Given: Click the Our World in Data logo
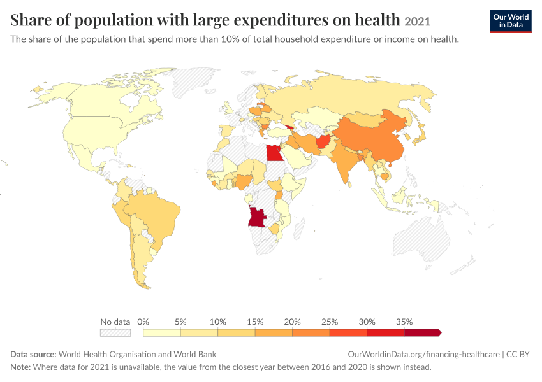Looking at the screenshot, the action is point(511,22).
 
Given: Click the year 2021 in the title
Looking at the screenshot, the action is point(417,22).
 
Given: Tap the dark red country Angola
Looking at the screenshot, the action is point(257,216).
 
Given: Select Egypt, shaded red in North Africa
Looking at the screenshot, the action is point(274,153).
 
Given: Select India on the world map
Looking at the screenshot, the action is point(342,162).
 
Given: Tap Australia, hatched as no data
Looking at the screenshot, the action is point(421,238).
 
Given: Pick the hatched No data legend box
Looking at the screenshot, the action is point(115,332).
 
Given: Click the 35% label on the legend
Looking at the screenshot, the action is point(404,322).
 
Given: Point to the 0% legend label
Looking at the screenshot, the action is point(143,322).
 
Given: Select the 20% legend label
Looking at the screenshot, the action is point(292,322).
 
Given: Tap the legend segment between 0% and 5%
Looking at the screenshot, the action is point(162,332).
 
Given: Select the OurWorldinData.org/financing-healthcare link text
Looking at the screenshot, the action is point(423,355).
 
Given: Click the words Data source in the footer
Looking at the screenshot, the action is point(33,355).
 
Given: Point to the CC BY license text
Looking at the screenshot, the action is point(518,355).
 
